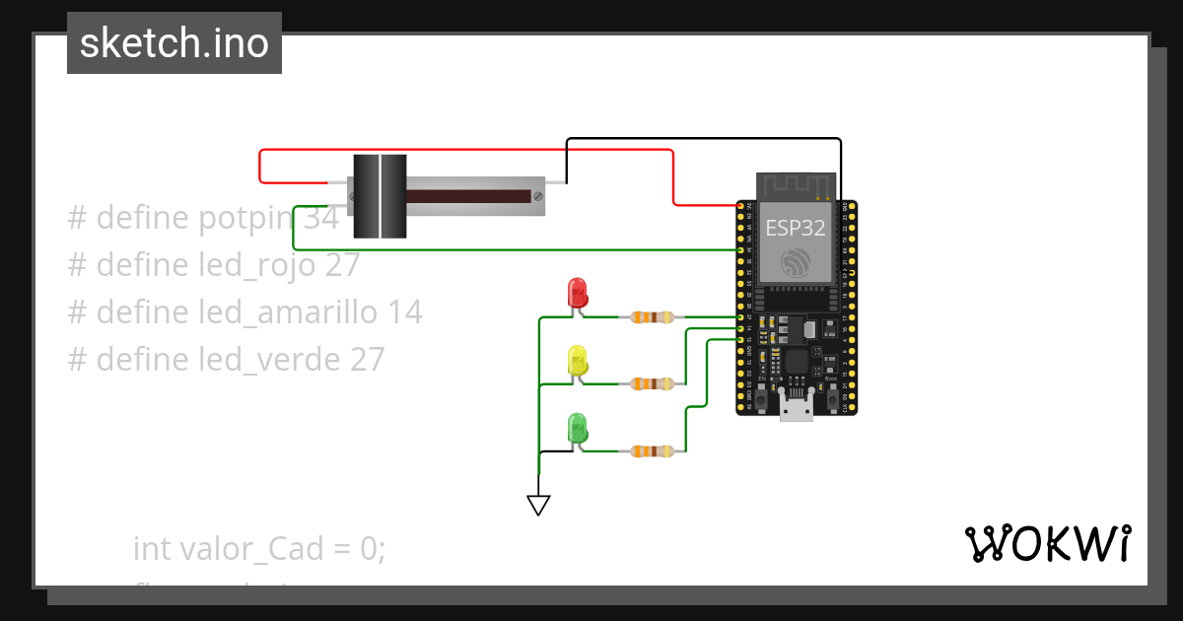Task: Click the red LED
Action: click(577, 293)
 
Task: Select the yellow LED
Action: click(577, 360)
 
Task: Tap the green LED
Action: click(577, 428)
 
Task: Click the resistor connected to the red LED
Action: click(652, 317)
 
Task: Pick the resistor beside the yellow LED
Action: click(652, 383)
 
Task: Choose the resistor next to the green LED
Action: click(652, 451)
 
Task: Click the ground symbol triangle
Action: click(538, 505)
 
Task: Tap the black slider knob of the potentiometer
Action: click(380, 196)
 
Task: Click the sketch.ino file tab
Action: click(174, 43)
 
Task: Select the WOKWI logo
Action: click(1047, 543)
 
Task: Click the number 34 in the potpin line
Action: click(321, 218)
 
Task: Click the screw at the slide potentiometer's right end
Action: click(537, 196)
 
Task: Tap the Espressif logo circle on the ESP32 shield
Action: click(796, 262)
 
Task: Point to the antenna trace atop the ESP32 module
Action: click(796, 184)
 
